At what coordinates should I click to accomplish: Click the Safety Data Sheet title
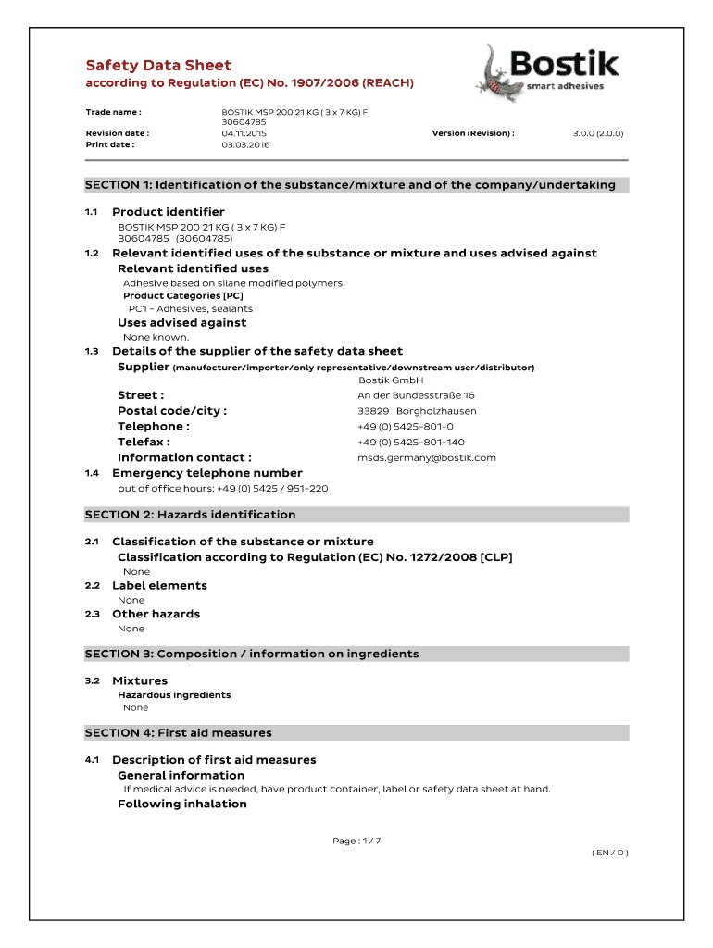tap(158, 65)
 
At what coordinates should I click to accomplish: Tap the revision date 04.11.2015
tap(244, 133)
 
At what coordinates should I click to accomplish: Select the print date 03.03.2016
tap(245, 144)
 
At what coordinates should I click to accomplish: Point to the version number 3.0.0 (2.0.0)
tap(597, 133)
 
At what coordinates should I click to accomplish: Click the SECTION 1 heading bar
tap(356, 185)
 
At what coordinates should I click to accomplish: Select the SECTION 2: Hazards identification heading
tap(190, 515)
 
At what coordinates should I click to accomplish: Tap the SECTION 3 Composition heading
tap(252, 654)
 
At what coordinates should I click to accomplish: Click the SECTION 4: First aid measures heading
tap(179, 732)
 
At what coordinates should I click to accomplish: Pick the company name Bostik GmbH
tap(390, 380)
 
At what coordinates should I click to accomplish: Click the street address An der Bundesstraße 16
tap(416, 395)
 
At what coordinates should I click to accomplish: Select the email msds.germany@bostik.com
tap(426, 457)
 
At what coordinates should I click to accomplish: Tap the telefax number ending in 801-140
tap(410, 442)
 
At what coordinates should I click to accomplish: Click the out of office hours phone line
tap(222, 488)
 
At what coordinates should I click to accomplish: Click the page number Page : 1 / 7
tap(356, 841)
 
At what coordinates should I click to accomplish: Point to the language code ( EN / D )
tap(609, 853)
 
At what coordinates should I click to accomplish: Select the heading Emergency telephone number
tap(207, 473)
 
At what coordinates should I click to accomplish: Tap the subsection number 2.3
tap(92, 614)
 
